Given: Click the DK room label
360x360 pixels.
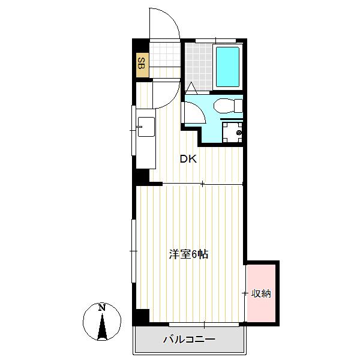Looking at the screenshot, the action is pos(188,159).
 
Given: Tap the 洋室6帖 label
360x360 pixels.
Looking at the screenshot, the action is pos(188,254).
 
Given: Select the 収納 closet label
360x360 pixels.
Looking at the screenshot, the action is pos(261,293).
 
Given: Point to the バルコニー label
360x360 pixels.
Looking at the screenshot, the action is pos(190,339).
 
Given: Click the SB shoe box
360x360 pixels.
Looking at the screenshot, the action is pos(142,65).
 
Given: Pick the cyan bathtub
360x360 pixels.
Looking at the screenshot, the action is pos(227,67).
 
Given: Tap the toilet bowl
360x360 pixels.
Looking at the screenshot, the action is pos(228,106).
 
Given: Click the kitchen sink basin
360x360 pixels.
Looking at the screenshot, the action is pos(146,127).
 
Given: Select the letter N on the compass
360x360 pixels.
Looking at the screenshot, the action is pos(102,307).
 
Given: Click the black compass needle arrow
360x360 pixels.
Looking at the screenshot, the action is pos(102,327).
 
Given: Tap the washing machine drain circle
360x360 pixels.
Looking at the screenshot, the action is pos(239,133).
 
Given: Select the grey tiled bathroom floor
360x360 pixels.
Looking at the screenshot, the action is pos(199,67).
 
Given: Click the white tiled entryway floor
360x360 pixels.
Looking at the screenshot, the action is pos(164,54).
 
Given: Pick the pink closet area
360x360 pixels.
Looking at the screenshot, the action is pos(261,293).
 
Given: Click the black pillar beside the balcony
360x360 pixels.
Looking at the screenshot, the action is pos(142,316).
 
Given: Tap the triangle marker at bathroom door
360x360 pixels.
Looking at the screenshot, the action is pos(191,88).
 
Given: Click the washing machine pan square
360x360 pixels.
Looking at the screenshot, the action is pos(232,132).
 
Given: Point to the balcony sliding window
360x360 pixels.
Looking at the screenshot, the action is pos(204,325).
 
